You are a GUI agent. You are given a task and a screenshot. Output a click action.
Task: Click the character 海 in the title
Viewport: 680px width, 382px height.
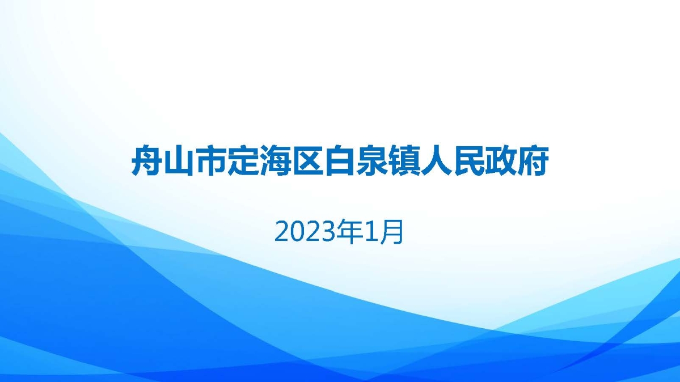[276, 162]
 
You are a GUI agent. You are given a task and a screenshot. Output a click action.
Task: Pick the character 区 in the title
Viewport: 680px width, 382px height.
[308, 162]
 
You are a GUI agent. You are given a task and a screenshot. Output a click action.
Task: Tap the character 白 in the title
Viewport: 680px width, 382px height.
[340, 162]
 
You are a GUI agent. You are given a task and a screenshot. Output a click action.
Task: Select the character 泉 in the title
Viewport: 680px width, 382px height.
[372, 162]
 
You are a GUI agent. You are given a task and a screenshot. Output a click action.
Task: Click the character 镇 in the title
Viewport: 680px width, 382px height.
[404, 162]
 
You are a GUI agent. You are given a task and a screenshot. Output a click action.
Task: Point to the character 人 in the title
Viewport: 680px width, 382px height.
[436, 162]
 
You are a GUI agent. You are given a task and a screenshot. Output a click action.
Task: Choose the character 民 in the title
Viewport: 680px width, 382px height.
[468, 162]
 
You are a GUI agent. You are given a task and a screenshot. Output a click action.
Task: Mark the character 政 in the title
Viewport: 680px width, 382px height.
[501, 162]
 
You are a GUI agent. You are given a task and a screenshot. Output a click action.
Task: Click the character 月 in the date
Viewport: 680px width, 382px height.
[395, 232]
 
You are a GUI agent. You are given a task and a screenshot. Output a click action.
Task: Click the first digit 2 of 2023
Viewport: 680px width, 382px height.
[282, 232]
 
